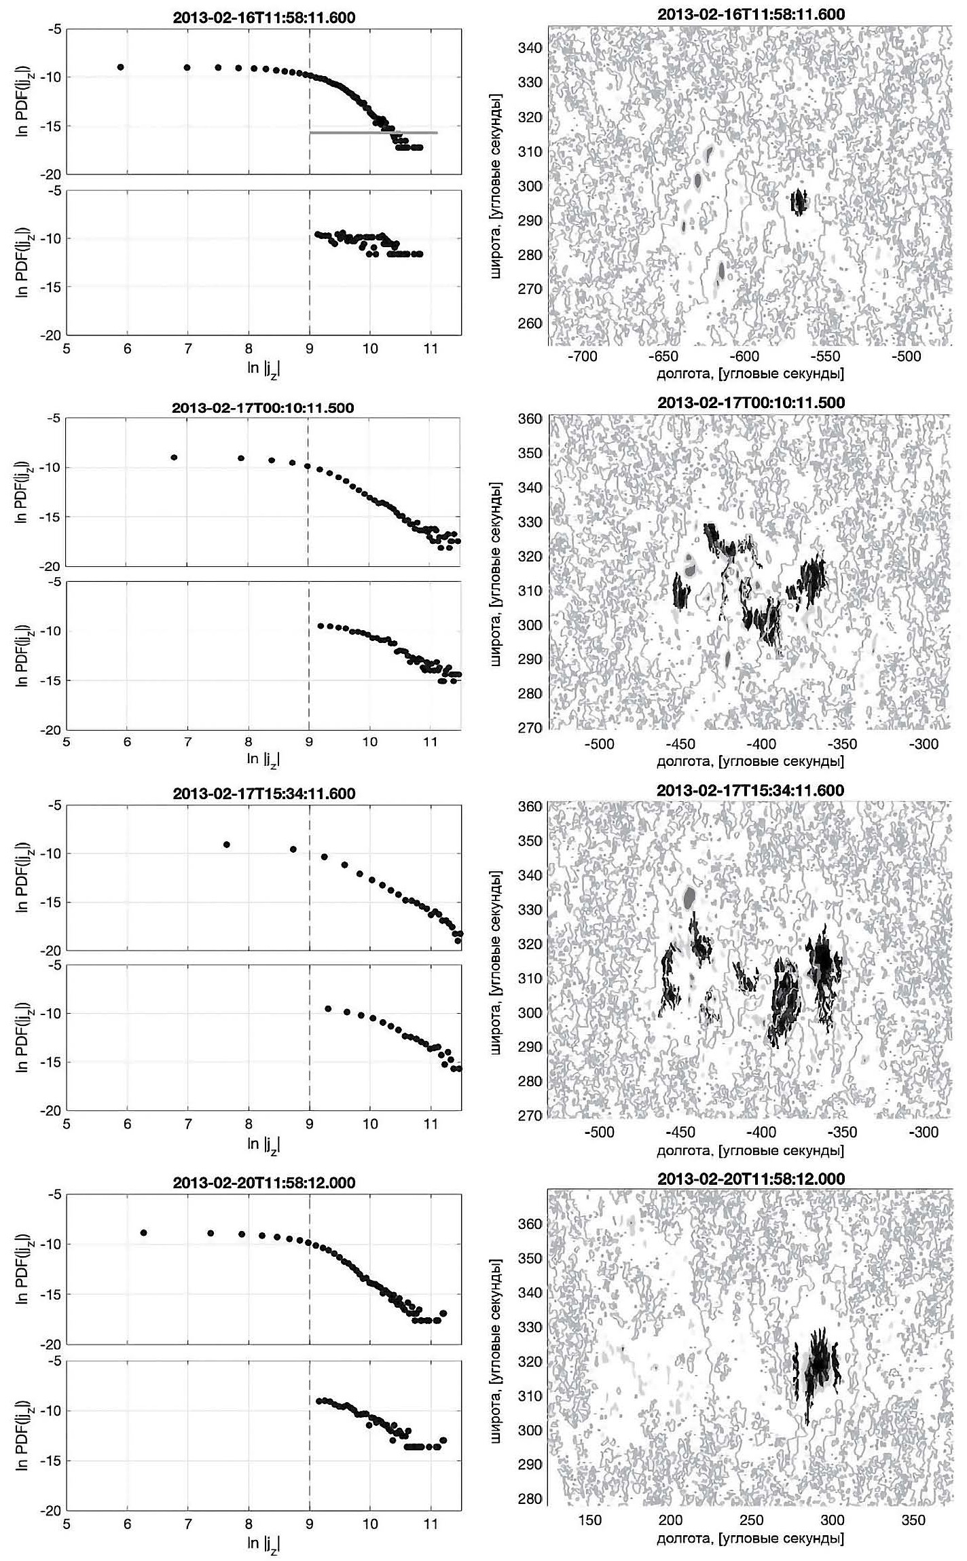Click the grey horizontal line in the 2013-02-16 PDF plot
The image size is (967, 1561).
click(x=373, y=133)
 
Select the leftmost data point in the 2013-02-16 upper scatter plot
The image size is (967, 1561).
click(x=120, y=67)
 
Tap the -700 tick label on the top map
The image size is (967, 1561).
click(x=582, y=356)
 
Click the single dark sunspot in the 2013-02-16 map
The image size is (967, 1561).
click(x=799, y=201)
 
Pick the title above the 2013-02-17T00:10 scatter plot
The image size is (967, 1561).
click(x=264, y=408)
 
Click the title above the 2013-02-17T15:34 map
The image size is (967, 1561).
click(x=751, y=790)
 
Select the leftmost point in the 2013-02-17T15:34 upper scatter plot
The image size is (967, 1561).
click(x=227, y=845)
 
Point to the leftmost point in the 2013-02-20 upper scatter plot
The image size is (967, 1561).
click(x=143, y=1232)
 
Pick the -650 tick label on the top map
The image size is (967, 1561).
click(x=663, y=356)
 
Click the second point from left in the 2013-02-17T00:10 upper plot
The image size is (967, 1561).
click(x=241, y=458)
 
